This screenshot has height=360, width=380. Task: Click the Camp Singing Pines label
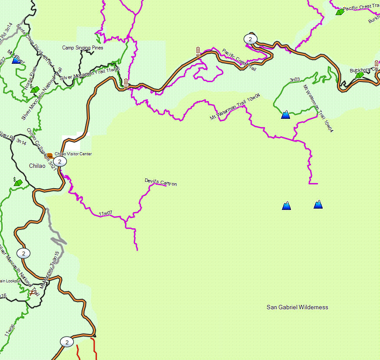tap(83, 48)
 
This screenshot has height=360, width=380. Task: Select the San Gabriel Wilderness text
tap(297, 307)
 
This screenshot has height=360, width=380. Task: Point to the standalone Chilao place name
tap(37, 166)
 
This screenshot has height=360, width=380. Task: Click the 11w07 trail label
tap(105, 213)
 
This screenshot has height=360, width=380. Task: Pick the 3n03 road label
tap(294, 80)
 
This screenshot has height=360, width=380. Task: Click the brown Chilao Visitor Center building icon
tap(50, 155)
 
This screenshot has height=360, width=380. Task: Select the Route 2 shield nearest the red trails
tap(66, 342)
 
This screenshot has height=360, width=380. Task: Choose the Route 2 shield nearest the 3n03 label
tap(250, 39)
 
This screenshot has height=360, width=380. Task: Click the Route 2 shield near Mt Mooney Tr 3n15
tap(23, 253)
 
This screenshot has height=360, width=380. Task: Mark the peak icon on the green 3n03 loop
tap(285, 115)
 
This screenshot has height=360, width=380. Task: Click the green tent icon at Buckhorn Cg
tap(359, 75)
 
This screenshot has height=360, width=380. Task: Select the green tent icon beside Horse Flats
tap(36, 89)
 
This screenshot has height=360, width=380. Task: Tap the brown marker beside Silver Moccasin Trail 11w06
tap(126, 83)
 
